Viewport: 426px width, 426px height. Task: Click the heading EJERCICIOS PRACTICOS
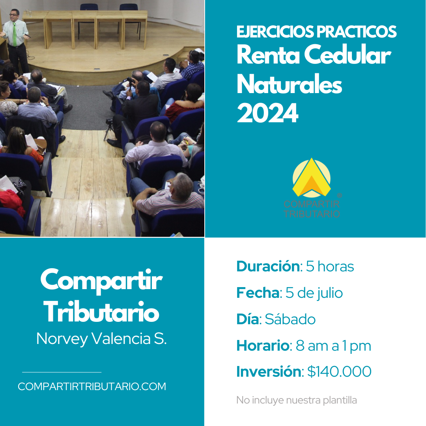click(x=316, y=32)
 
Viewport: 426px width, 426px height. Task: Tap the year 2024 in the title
click(x=267, y=113)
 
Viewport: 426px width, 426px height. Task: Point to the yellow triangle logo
click(x=312, y=177)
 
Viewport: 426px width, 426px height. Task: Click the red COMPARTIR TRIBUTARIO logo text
click(x=312, y=209)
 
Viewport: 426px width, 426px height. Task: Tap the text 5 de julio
click(x=314, y=293)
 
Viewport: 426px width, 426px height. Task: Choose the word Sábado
click(x=290, y=319)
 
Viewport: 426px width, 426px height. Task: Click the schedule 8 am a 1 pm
click(x=333, y=346)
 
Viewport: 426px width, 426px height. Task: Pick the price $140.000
click(x=339, y=372)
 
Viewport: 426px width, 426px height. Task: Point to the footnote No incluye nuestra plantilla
click(x=296, y=400)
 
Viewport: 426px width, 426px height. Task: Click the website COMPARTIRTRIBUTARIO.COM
click(x=92, y=386)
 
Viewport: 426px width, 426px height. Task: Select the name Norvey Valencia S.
click(x=101, y=338)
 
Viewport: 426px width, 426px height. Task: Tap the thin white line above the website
click(x=62, y=372)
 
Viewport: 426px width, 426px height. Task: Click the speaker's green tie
click(x=15, y=34)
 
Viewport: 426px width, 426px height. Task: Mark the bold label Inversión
click(x=269, y=372)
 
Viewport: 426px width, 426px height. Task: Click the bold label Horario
click(x=262, y=346)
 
